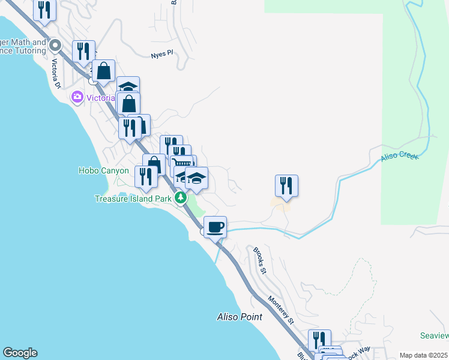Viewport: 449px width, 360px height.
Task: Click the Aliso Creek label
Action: coord(399,157)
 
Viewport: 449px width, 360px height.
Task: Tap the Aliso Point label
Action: coord(240,317)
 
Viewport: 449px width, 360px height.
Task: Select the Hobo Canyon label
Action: coord(104,170)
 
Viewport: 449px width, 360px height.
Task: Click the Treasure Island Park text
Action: coord(133,199)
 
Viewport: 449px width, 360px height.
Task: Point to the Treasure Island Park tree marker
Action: coord(180,198)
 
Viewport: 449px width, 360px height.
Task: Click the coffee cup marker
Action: coord(215,227)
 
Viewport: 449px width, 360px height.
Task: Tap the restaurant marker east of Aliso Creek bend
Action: coord(287,185)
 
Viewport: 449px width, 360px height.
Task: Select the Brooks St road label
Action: coord(259,261)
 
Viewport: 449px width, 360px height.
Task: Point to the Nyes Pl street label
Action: coord(162,54)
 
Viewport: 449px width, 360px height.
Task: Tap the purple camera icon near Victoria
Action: coord(77,97)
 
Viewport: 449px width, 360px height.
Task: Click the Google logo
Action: coord(20,353)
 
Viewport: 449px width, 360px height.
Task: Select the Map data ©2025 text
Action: coord(423,355)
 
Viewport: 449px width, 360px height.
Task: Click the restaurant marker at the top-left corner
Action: coord(44,10)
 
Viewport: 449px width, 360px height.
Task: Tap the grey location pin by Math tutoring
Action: coord(55,45)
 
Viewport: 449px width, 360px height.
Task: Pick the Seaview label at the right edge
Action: coord(435,335)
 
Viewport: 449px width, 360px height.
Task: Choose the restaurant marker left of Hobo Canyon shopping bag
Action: coord(146,176)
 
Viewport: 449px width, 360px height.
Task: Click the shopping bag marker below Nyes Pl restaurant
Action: coord(103,71)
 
